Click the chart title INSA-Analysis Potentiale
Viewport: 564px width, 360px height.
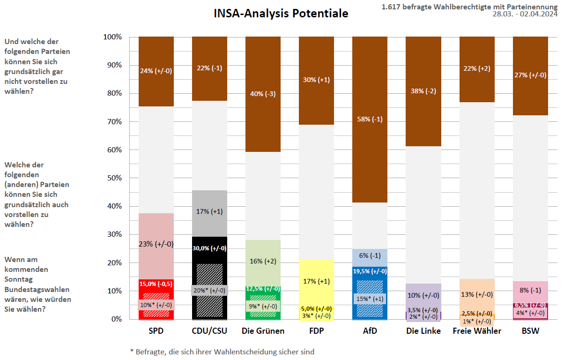(x=281, y=14)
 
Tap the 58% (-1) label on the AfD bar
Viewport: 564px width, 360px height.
(x=370, y=119)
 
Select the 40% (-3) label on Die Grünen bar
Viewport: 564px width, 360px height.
(x=263, y=94)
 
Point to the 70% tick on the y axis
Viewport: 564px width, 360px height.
(x=112, y=122)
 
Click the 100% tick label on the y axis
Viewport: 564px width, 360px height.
(x=112, y=37)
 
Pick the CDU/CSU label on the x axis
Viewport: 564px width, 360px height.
(x=209, y=331)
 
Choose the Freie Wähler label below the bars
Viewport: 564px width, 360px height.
(x=477, y=331)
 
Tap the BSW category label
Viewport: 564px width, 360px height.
(x=530, y=331)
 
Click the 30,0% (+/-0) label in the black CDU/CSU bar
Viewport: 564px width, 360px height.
(x=209, y=248)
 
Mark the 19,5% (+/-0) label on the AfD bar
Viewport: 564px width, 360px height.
(x=370, y=271)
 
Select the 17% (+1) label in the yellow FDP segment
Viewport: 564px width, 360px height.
(x=316, y=281)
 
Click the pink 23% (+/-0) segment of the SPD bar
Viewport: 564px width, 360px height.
(x=156, y=244)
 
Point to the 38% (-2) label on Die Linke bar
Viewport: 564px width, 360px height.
(x=423, y=91)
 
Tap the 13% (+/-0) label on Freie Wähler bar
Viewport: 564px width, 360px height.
(x=477, y=294)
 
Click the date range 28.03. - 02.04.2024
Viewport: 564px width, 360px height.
(x=525, y=14)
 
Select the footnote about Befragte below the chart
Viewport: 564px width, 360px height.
(x=222, y=351)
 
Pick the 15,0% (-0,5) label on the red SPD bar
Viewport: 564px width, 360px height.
(x=156, y=284)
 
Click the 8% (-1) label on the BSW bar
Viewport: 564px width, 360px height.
(x=530, y=290)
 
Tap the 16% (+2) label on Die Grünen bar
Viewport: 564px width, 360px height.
(x=263, y=261)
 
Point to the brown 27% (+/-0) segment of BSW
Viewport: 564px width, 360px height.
(x=530, y=75)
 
